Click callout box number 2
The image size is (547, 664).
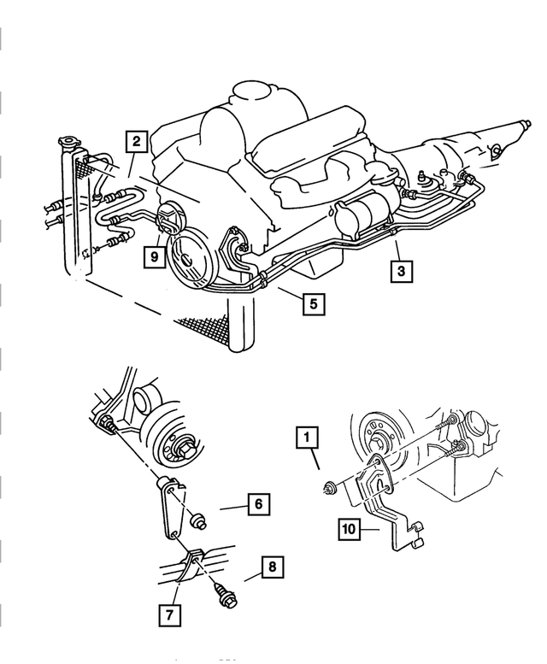pos(137,142)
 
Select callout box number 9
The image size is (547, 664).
pos(154,256)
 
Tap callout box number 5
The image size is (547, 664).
pos(314,303)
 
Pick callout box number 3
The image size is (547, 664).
pos(401,271)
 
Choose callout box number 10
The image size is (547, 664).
pos(350,529)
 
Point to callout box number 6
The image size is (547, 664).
pos(259,504)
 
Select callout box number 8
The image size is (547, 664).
pos(273,567)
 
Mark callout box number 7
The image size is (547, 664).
pos(170,615)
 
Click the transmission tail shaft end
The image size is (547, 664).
pos(526,125)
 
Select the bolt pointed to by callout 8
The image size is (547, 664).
pos(226,594)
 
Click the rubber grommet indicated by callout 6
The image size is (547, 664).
pos(198,521)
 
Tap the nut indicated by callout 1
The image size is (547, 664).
pos(329,489)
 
